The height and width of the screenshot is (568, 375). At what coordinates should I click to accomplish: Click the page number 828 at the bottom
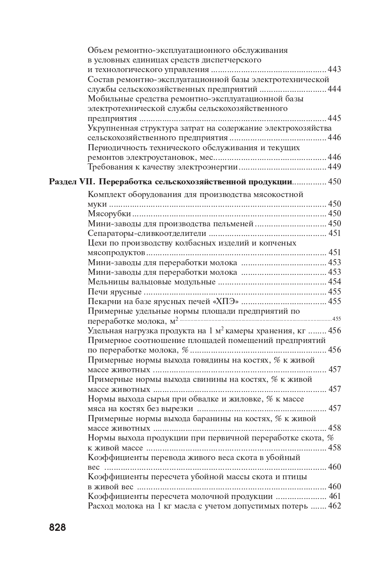coord(57,527)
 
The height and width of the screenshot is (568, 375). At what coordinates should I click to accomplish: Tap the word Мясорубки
coord(109,214)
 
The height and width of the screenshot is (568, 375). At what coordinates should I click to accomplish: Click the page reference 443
coord(334,70)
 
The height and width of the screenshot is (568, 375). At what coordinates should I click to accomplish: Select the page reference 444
coord(334,89)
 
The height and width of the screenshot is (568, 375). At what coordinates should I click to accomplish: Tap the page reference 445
coord(334,118)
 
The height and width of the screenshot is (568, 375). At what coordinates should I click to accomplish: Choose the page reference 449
coord(334,167)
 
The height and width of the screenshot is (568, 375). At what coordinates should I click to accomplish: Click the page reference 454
coord(334,282)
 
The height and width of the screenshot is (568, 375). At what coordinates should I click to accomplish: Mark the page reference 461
coord(334,496)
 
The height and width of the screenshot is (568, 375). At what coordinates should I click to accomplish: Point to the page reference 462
coord(334,506)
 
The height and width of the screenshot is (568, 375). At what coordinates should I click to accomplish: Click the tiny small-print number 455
coord(336,319)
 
